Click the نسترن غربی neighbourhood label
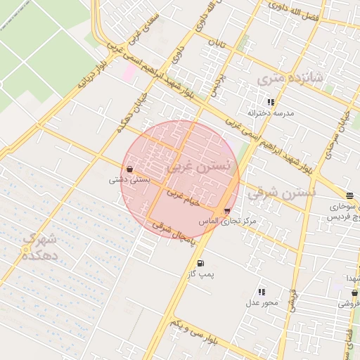[200, 167]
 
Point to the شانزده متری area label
[290, 79]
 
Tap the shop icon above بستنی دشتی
[130, 169]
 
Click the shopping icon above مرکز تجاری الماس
[226, 211]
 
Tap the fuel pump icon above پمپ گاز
[201, 264]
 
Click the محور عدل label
[262, 302]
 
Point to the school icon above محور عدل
[262, 292]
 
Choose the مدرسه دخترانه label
[271, 112]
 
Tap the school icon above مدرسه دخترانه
[271, 102]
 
